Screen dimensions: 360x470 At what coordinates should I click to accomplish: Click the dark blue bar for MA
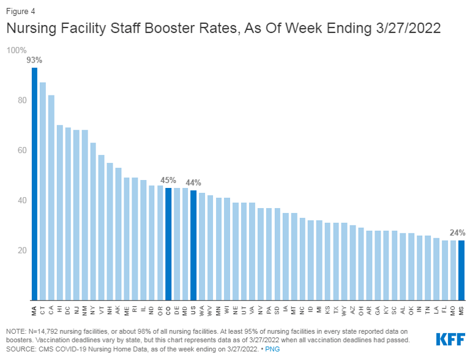[x=34, y=184]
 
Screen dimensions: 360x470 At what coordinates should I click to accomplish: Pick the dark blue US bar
[x=193, y=245]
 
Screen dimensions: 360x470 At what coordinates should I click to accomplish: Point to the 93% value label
[x=34, y=60]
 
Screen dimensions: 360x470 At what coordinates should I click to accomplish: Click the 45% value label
[x=168, y=180]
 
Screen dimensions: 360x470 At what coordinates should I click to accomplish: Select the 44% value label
[x=193, y=182]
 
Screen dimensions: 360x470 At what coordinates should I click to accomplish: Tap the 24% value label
[x=457, y=233]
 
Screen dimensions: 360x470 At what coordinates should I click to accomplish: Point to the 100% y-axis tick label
[x=17, y=50]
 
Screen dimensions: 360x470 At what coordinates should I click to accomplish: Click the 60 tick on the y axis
[x=21, y=150]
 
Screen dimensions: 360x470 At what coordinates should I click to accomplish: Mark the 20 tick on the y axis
[x=21, y=250]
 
